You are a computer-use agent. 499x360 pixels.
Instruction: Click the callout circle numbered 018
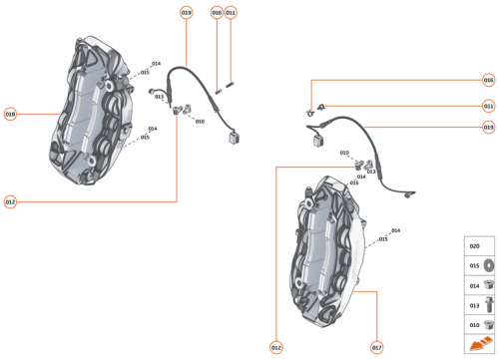[x=11, y=114]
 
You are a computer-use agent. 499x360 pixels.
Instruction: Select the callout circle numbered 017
[x=376, y=347]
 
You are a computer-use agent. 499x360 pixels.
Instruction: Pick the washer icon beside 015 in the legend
[x=489, y=266]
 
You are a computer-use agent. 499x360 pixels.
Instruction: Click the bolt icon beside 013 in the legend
[x=489, y=305]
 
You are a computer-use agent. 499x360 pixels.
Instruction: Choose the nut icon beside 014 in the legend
[x=489, y=285]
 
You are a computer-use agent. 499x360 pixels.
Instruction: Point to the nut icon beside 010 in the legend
[x=489, y=324]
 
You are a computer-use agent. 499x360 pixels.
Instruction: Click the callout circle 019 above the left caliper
[x=187, y=12]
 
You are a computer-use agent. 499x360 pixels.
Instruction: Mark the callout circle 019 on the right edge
[x=488, y=127]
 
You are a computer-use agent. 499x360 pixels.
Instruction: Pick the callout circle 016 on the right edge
[x=488, y=79]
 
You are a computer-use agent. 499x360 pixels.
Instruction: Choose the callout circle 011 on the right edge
[x=488, y=105]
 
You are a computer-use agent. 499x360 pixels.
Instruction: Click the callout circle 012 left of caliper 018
[x=11, y=202]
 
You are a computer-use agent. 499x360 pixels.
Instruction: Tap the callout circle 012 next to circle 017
[x=275, y=347]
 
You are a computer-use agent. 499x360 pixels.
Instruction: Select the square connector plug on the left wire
[x=236, y=139]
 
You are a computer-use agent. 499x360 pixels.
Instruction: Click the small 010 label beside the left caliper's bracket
[x=200, y=122]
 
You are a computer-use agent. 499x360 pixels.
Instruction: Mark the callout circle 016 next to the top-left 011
[x=217, y=12]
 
